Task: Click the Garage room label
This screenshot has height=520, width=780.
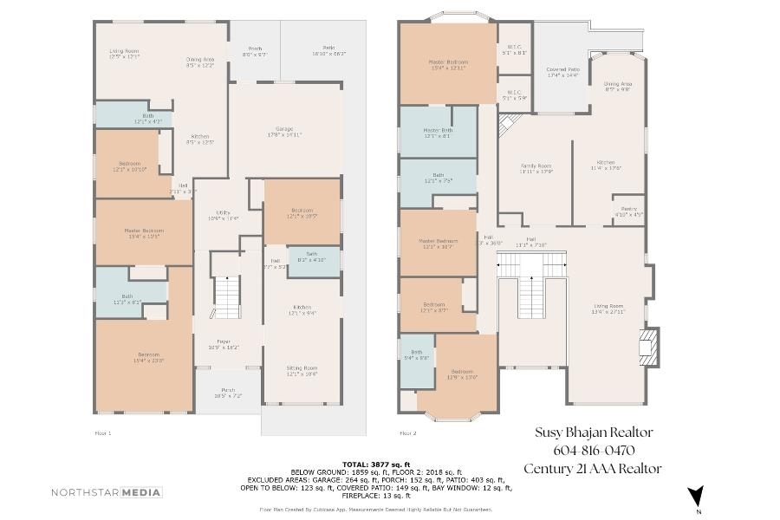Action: [284, 132]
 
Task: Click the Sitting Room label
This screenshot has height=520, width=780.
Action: [302, 371]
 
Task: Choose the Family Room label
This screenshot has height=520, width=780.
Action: [535, 168]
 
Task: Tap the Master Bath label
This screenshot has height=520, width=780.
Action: [438, 133]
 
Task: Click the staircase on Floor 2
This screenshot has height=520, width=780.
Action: [530, 299]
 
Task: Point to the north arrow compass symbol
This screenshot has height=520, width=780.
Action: [694, 497]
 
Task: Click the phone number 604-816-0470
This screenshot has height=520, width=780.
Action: [594, 451]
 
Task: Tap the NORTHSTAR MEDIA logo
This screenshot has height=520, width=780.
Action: [107, 492]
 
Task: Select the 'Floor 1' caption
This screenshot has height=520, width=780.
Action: [102, 432]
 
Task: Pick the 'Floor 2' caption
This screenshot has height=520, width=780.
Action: [407, 432]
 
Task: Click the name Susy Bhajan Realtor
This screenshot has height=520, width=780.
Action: [594, 432]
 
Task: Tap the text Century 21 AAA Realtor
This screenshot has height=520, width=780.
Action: [594, 469]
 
